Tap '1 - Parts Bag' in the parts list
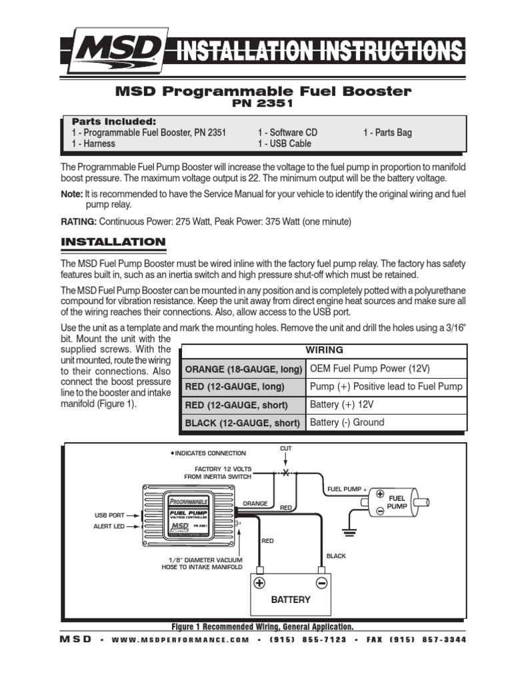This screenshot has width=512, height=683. point(387,133)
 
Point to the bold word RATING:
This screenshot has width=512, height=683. point(79,221)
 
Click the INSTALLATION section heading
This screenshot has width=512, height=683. point(113,241)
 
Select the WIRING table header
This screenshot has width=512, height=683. point(324,350)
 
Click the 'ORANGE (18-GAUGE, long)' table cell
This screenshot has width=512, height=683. point(244,369)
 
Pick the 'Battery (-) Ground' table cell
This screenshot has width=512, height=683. point(347,422)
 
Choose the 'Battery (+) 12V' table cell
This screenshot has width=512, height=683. point(341,404)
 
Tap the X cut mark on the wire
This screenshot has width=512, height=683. point(286,472)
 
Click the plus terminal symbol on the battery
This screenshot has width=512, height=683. point(259,582)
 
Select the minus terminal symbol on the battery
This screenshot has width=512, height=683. point(321,582)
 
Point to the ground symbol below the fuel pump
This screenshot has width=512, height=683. point(347,532)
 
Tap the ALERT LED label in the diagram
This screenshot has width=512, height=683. point(109,526)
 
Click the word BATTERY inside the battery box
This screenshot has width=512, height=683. point(290,600)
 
